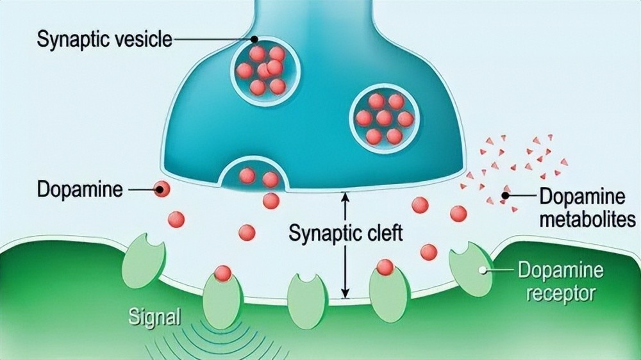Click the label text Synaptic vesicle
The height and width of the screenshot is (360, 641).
[104, 40]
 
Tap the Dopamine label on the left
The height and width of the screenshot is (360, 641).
[79, 190]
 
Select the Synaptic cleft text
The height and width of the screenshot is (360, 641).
[345, 233]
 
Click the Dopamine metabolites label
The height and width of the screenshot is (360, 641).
[588, 208]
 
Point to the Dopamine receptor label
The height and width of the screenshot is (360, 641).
[560, 282]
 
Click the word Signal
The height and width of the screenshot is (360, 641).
[154, 316]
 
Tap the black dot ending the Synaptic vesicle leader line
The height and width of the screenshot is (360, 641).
[254, 39]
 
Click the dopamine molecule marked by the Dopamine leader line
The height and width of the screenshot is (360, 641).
[162, 190]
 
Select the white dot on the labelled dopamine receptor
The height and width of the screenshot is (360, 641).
[483, 270]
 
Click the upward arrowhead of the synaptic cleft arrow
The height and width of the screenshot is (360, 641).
[345, 196]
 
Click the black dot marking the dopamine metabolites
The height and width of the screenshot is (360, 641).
[505, 196]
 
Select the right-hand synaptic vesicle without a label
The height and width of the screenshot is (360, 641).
[384, 119]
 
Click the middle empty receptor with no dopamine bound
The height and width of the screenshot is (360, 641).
[307, 302]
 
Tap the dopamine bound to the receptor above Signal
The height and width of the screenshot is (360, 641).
[223, 274]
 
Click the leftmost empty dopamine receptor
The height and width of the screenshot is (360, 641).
[144, 260]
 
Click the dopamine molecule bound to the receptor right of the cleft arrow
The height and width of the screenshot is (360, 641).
[385, 267]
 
